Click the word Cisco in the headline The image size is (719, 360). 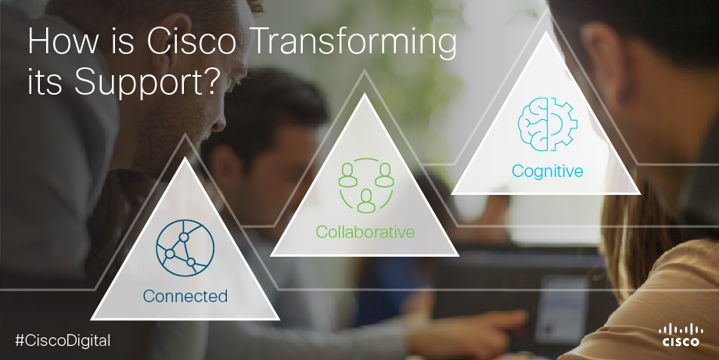[x=192, y=41]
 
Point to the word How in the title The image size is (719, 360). [x=63, y=41]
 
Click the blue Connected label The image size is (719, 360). [x=185, y=296]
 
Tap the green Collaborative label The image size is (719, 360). [x=365, y=232]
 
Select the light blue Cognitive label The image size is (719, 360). [x=547, y=171]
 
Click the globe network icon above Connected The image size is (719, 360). [x=185, y=247]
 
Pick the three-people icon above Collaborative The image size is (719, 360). [x=366, y=185]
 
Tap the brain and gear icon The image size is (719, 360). [x=547, y=124]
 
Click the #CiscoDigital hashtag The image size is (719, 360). [x=63, y=340]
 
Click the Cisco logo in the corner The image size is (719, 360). [x=681, y=335]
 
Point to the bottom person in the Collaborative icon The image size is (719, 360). [x=366, y=201]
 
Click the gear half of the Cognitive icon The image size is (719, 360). [x=563, y=124]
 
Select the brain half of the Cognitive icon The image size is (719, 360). [x=532, y=124]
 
